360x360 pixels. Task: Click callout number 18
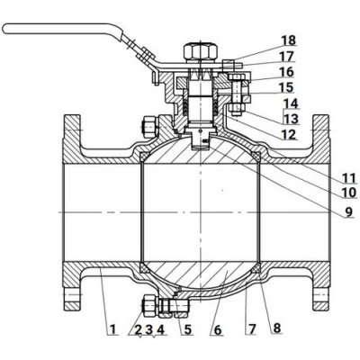(x=289, y=40)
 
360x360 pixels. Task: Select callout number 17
(x=287, y=57)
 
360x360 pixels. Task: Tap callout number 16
(x=286, y=72)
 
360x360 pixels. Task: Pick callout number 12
(x=288, y=135)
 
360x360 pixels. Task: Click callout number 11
(x=348, y=178)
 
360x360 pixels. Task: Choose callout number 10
(x=349, y=193)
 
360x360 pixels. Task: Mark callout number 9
(x=349, y=212)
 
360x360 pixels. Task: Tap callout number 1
(x=112, y=329)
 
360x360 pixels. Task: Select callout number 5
(x=187, y=329)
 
